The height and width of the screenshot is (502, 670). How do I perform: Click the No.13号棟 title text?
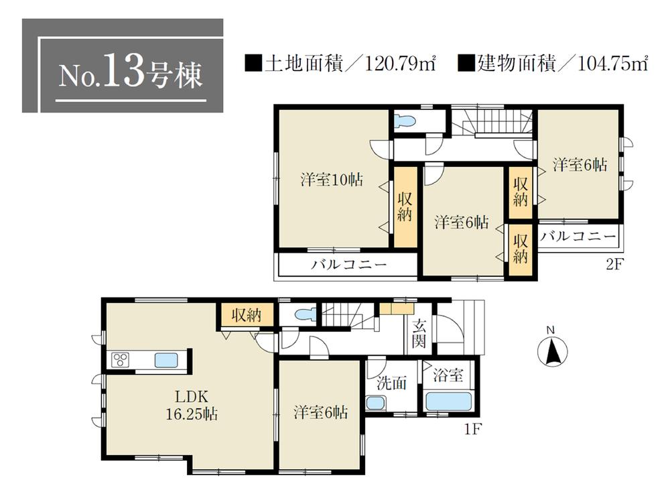tap(130, 75)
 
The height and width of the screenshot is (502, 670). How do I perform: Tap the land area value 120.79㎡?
tap(401, 64)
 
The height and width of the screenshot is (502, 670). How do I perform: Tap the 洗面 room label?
tap(391, 384)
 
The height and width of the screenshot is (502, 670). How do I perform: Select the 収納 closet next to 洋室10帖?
tap(404, 207)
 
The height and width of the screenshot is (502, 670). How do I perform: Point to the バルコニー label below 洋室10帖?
tap(348, 265)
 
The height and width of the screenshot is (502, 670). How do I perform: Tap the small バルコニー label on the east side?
tap(578, 237)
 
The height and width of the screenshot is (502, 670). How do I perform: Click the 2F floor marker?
tap(614, 263)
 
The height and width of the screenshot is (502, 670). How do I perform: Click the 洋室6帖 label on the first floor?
tap(320, 413)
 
